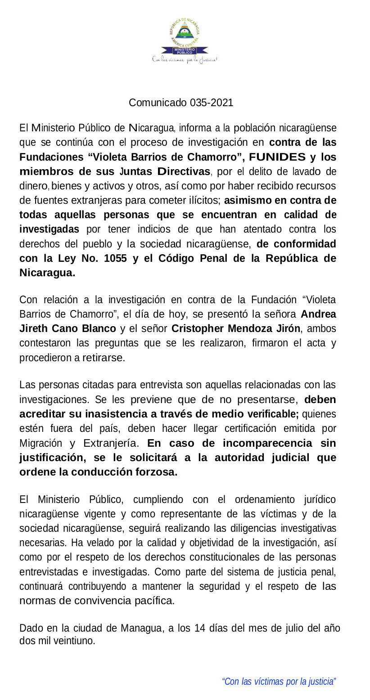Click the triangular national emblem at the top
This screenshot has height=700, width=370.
[x=185, y=32]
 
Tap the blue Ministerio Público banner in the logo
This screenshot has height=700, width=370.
[x=185, y=50]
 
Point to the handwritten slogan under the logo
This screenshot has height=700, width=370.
[x=185, y=59]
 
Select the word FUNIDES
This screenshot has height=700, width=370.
[x=277, y=157]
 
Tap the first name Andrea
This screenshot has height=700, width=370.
[x=318, y=314]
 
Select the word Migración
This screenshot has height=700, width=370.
[x=41, y=443]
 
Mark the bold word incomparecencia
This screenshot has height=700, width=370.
[x=267, y=443]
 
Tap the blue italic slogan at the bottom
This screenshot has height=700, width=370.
[x=279, y=682]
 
